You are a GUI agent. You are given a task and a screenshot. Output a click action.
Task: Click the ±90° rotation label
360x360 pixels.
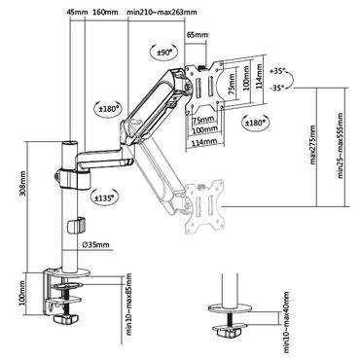pos(162,50)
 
